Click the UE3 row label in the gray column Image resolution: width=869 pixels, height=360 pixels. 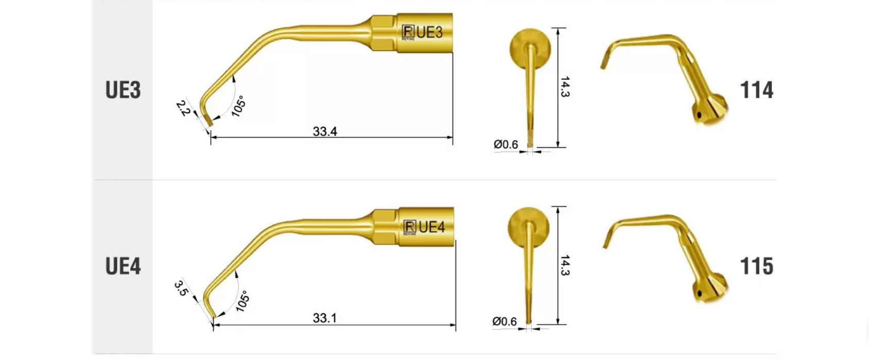[x=123, y=90]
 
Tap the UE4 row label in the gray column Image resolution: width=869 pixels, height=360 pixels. [x=123, y=266]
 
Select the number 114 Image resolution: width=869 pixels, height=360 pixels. [x=756, y=90]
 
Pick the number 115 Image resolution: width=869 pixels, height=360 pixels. [x=756, y=266]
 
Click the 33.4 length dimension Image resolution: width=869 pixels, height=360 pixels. [x=325, y=131]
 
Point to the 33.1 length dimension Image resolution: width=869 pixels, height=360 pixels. [x=325, y=318]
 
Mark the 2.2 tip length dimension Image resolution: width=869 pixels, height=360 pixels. [x=183, y=108]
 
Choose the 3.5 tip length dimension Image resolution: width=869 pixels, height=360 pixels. [x=181, y=288]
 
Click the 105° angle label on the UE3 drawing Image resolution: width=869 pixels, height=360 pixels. [x=238, y=106]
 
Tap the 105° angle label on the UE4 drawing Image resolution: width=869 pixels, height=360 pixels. [x=242, y=301]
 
